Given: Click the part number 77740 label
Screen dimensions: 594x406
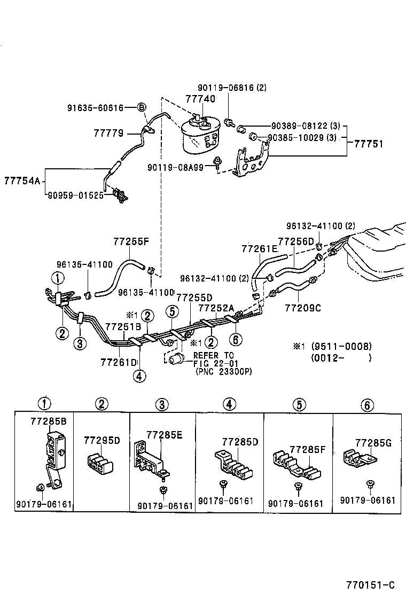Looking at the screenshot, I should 200,99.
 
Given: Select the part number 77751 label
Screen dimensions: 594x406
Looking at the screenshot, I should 367,144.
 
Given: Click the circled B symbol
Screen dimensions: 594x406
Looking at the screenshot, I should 142,108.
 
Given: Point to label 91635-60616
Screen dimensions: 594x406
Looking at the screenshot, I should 95,108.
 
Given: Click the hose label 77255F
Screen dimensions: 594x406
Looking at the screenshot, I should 130,241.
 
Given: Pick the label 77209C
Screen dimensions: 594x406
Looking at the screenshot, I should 303,308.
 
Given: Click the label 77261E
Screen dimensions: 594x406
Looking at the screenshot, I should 259,248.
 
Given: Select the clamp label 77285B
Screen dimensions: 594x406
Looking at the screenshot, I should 49,422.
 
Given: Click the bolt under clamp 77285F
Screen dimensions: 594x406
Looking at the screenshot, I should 298,487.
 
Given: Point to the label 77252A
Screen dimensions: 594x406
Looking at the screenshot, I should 216,308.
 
